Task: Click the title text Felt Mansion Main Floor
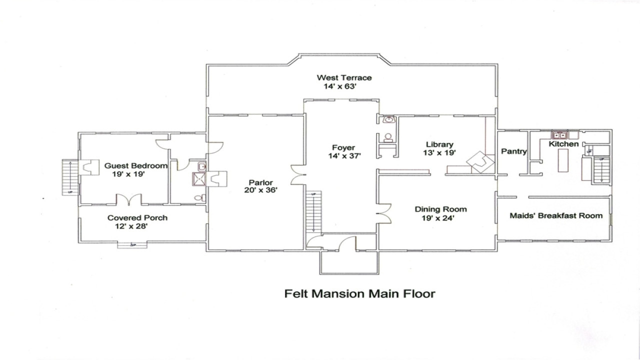(x=359, y=293)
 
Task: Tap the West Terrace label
(x=344, y=77)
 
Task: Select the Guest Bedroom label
(x=135, y=165)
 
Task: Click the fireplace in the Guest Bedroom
(x=88, y=167)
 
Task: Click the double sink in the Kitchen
(x=558, y=134)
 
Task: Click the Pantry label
(x=513, y=151)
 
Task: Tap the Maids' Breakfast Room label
(x=556, y=216)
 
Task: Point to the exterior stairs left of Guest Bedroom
(x=69, y=177)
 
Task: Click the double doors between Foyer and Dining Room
(x=384, y=213)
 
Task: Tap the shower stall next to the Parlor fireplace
(x=199, y=179)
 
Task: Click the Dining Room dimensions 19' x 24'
(x=434, y=218)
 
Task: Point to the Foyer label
(x=343, y=147)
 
